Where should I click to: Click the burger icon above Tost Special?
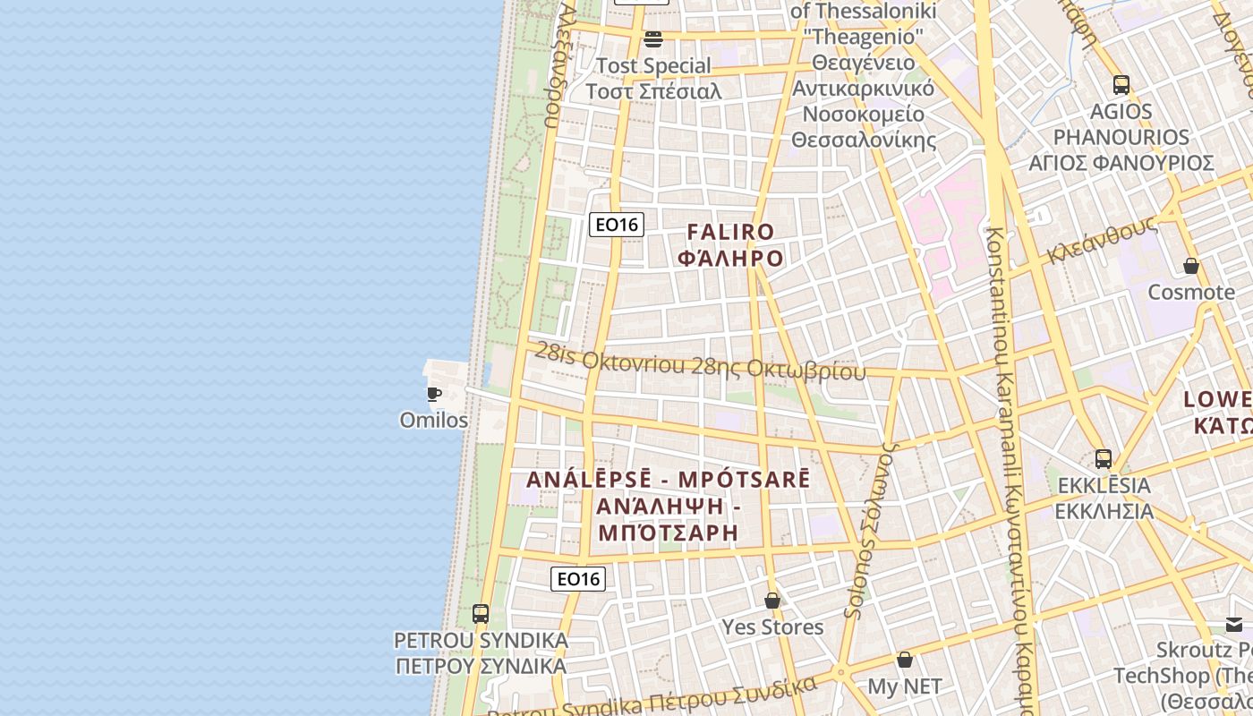pyautogui.click(x=653, y=38)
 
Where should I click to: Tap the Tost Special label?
pyautogui.click(x=653, y=66)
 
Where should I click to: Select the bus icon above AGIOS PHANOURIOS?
pyautogui.click(x=1121, y=85)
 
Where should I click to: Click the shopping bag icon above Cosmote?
pyautogui.click(x=1191, y=266)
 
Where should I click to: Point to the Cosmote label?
pyautogui.click(x=1191, y=293)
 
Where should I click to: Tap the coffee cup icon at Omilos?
pyautogui.click(x=434, y=394)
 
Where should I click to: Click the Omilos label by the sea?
pyautogui.click(x=434, y=420)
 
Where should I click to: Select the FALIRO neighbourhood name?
pyautogui.click(x=730, y=233)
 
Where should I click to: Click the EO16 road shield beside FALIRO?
pyautogui.click(x=617, y=224)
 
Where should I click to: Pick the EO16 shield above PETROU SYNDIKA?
pyautogui.click(x=578, y=579)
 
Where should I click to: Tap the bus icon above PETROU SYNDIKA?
pyautogui.click(x=481, y=614)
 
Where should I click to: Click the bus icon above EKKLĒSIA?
pyautogui.click(x=1104, y=459)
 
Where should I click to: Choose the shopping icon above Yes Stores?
pyautogui.click(x=772, y=601)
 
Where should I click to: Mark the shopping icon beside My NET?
pyautogui.click(x=905, y=660)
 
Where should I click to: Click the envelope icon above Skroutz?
pyautogui.click(x=1234, y=624)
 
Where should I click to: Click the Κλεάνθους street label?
pyautogui.click(x=1102, y=240)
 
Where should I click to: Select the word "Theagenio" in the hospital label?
pyautogui.click(x=863, y=37)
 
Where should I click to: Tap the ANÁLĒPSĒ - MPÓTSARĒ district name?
pyautogui.click(x=668, y=480)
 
